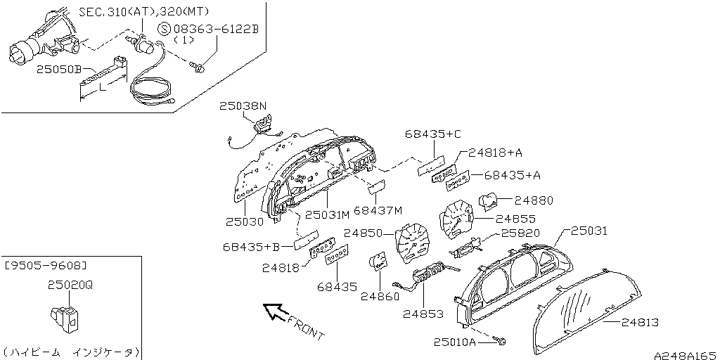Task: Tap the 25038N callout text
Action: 243,106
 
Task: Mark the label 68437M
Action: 378,210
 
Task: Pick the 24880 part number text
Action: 534,200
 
